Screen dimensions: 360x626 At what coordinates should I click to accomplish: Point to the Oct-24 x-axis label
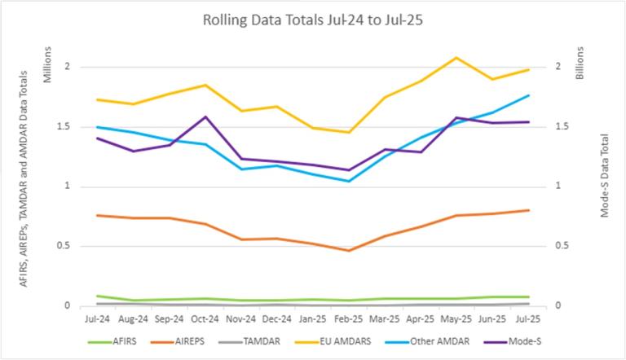coord(205,319)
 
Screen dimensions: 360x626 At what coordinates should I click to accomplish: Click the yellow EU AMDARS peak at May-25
coord(456,58)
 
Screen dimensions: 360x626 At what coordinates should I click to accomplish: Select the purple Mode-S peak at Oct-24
coord(205,116)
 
